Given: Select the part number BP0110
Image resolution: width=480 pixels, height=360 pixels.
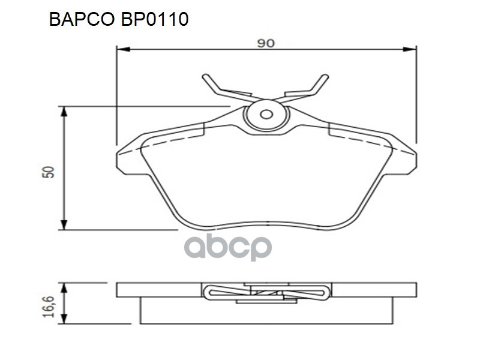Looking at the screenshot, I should pos(157,19).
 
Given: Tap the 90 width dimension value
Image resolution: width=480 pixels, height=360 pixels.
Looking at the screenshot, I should pos(266,43).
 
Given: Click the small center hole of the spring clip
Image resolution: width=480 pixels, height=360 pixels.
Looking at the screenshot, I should pos(267,115).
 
